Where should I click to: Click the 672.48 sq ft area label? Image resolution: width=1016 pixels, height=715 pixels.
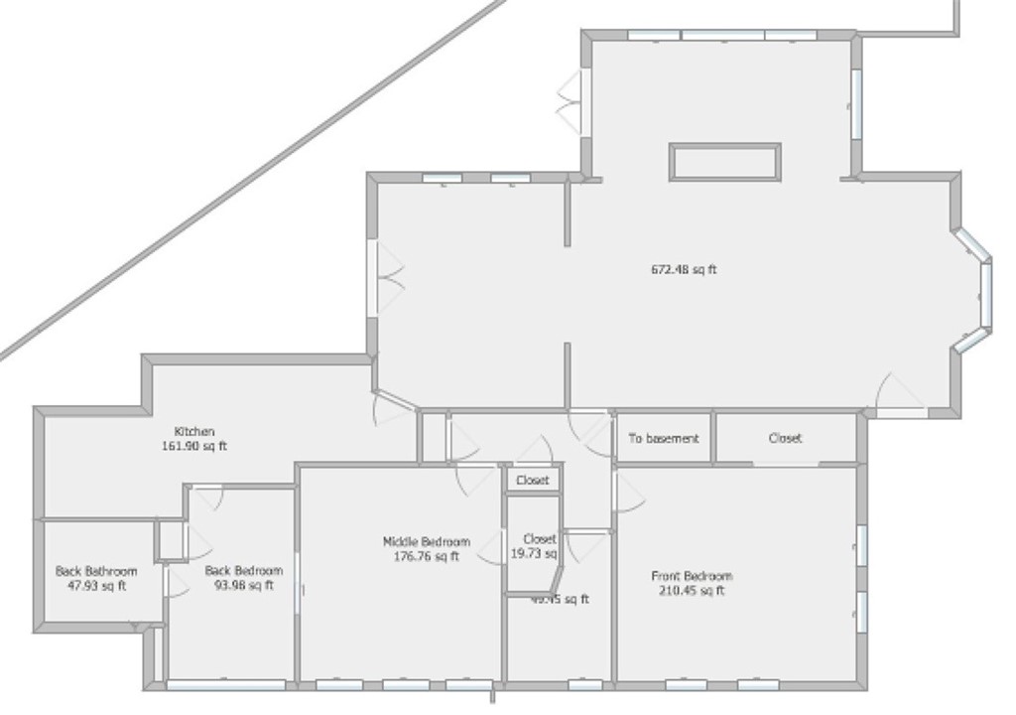click(684, 269)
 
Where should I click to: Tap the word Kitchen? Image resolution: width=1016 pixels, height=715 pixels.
click(194, 432)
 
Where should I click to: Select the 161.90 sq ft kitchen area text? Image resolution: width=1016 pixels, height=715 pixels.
click(194, 446)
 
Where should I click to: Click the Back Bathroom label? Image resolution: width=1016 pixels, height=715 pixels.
click(96, 571)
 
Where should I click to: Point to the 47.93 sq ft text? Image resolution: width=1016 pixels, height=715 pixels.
click(96, 585)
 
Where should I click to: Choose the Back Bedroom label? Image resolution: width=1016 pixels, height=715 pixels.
click(244, 571)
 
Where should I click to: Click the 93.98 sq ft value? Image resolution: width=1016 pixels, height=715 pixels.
click(244, 585)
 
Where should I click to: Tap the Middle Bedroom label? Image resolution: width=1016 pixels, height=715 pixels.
click(427, 542)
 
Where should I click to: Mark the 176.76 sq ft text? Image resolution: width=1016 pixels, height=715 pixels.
click(427, 556)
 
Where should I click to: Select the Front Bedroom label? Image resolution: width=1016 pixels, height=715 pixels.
click(692, 576)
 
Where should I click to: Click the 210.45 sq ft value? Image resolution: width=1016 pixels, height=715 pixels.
click(692, 591)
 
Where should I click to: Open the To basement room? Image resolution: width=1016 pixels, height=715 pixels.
click(663, 438)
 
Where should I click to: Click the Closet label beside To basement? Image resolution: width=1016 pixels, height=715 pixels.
click(786, 438)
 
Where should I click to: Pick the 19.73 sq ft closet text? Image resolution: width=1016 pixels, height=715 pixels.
click(535, 553)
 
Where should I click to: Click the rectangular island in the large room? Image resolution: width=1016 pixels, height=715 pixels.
click(725, 162)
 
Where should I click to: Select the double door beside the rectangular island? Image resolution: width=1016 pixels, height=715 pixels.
click(572, 101)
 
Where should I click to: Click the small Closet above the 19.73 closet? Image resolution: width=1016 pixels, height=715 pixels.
click(533, 481)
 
